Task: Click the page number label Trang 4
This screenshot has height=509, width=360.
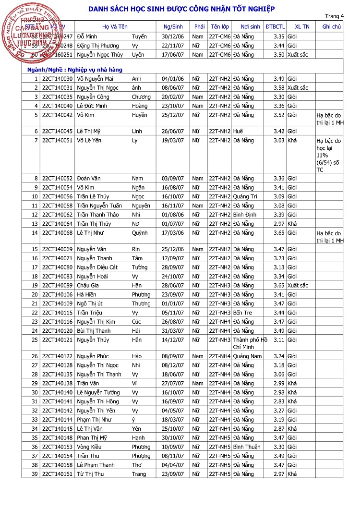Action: click(x=335, y=16)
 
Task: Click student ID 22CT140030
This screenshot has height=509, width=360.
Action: click(x=57, y=79)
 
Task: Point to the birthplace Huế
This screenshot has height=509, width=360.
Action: click(x=239, y=131)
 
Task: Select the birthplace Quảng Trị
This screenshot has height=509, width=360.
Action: click(x=245, y=196)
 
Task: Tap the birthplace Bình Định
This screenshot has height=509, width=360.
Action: click(x=245, y=215)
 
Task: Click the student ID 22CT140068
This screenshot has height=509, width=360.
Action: click(x=57, y=233)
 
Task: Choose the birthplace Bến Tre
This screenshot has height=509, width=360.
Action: click(x=243, y=313)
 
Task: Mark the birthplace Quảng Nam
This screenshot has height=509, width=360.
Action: click(x=247, y=356)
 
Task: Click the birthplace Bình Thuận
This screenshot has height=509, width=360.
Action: click(x=247, y=447)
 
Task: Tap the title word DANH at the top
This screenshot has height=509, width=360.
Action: click(x=100, y=9)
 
